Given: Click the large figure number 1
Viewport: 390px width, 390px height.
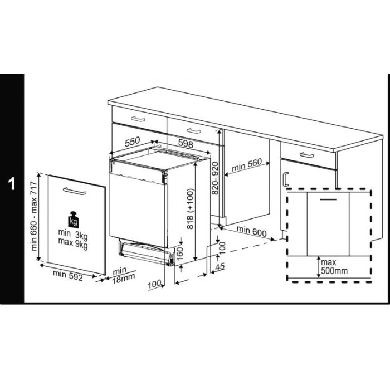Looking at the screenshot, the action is (x=12, y=184).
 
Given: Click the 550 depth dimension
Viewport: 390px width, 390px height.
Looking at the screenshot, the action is (x=133, y=142).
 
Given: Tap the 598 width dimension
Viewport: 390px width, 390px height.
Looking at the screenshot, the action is (x=186, y=144).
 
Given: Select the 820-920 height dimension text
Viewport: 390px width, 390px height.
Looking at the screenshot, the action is (x=214, y=178).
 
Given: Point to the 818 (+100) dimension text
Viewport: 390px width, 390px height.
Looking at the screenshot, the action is (x=190, y=209).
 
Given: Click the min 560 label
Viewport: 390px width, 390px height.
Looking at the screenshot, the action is (x=247, y=165).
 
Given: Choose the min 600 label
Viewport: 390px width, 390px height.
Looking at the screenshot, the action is (x=251, y=231).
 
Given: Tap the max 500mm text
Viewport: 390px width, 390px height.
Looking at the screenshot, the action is (x=334, y=266).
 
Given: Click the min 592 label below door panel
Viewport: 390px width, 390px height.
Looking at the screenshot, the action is (x=67, y=276).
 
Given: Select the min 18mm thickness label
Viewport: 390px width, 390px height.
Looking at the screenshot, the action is (x=124, y=276).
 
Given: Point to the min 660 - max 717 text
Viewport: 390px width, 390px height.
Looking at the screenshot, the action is (x=34, y=216).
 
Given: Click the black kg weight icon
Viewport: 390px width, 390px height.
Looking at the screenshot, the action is (x=74, y=220).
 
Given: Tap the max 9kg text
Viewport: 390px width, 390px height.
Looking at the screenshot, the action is (x=73, y=242).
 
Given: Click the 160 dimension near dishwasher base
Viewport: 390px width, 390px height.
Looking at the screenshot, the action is (x=179, y=253).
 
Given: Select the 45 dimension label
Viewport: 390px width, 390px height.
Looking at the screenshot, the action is (x=220, y=267).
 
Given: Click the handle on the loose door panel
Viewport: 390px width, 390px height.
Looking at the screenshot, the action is (x=74, y=191).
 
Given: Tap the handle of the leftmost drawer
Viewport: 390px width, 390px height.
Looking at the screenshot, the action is (x=138, y=119).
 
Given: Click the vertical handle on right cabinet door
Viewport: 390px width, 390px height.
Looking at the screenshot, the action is (x=286, y=179).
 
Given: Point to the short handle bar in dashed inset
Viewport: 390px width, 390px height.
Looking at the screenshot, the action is (x=328, y=199).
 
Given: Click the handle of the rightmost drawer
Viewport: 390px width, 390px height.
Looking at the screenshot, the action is (x=306, y=155).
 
